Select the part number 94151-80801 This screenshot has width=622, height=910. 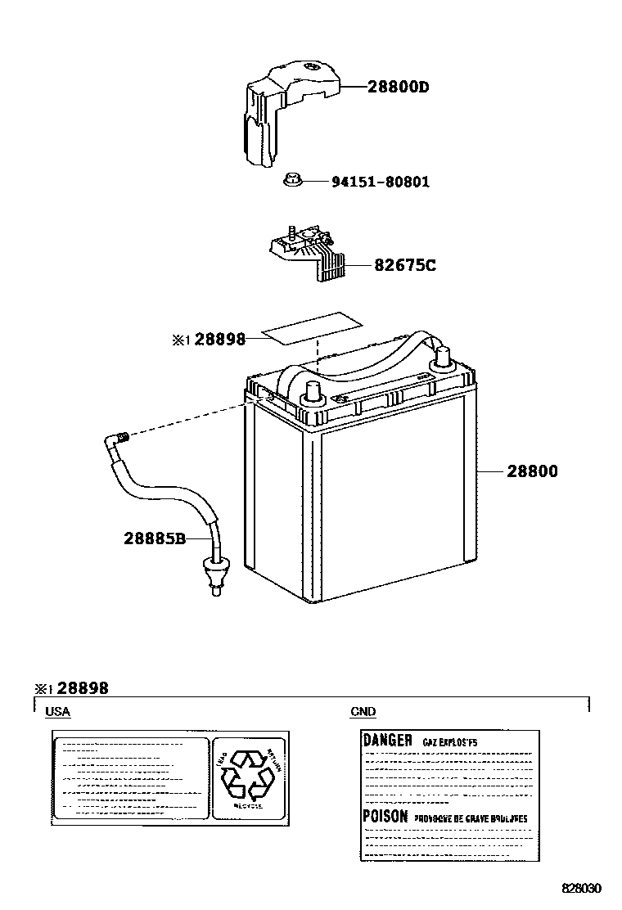pyautogui.click(x=380, y=182)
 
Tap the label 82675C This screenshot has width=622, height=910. pyautogui.click(x=404, y=265)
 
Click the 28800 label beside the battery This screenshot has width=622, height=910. pyautogui.click(x=532, y=471)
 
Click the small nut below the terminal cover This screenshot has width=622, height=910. pyautogui.click(x=291, y=180)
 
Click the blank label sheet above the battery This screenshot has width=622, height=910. pyautogui.click(x=311, y=328)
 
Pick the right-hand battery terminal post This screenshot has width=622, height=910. pyautogui.click(x=443, y=358)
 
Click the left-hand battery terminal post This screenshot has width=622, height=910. pyautogui.click(x=312, y=392)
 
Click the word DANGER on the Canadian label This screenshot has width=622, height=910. pyautogui.click(x=387, y=740)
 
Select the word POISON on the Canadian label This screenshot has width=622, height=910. pyautogui.click(x=385, y=816)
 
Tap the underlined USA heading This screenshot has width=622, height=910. pyautogui.click(x=57, y=712)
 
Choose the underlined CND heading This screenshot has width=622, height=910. pyautogui.click(x=363, y=712)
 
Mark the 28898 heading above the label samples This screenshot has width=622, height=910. pyautogui.click(x=82, y=689)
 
